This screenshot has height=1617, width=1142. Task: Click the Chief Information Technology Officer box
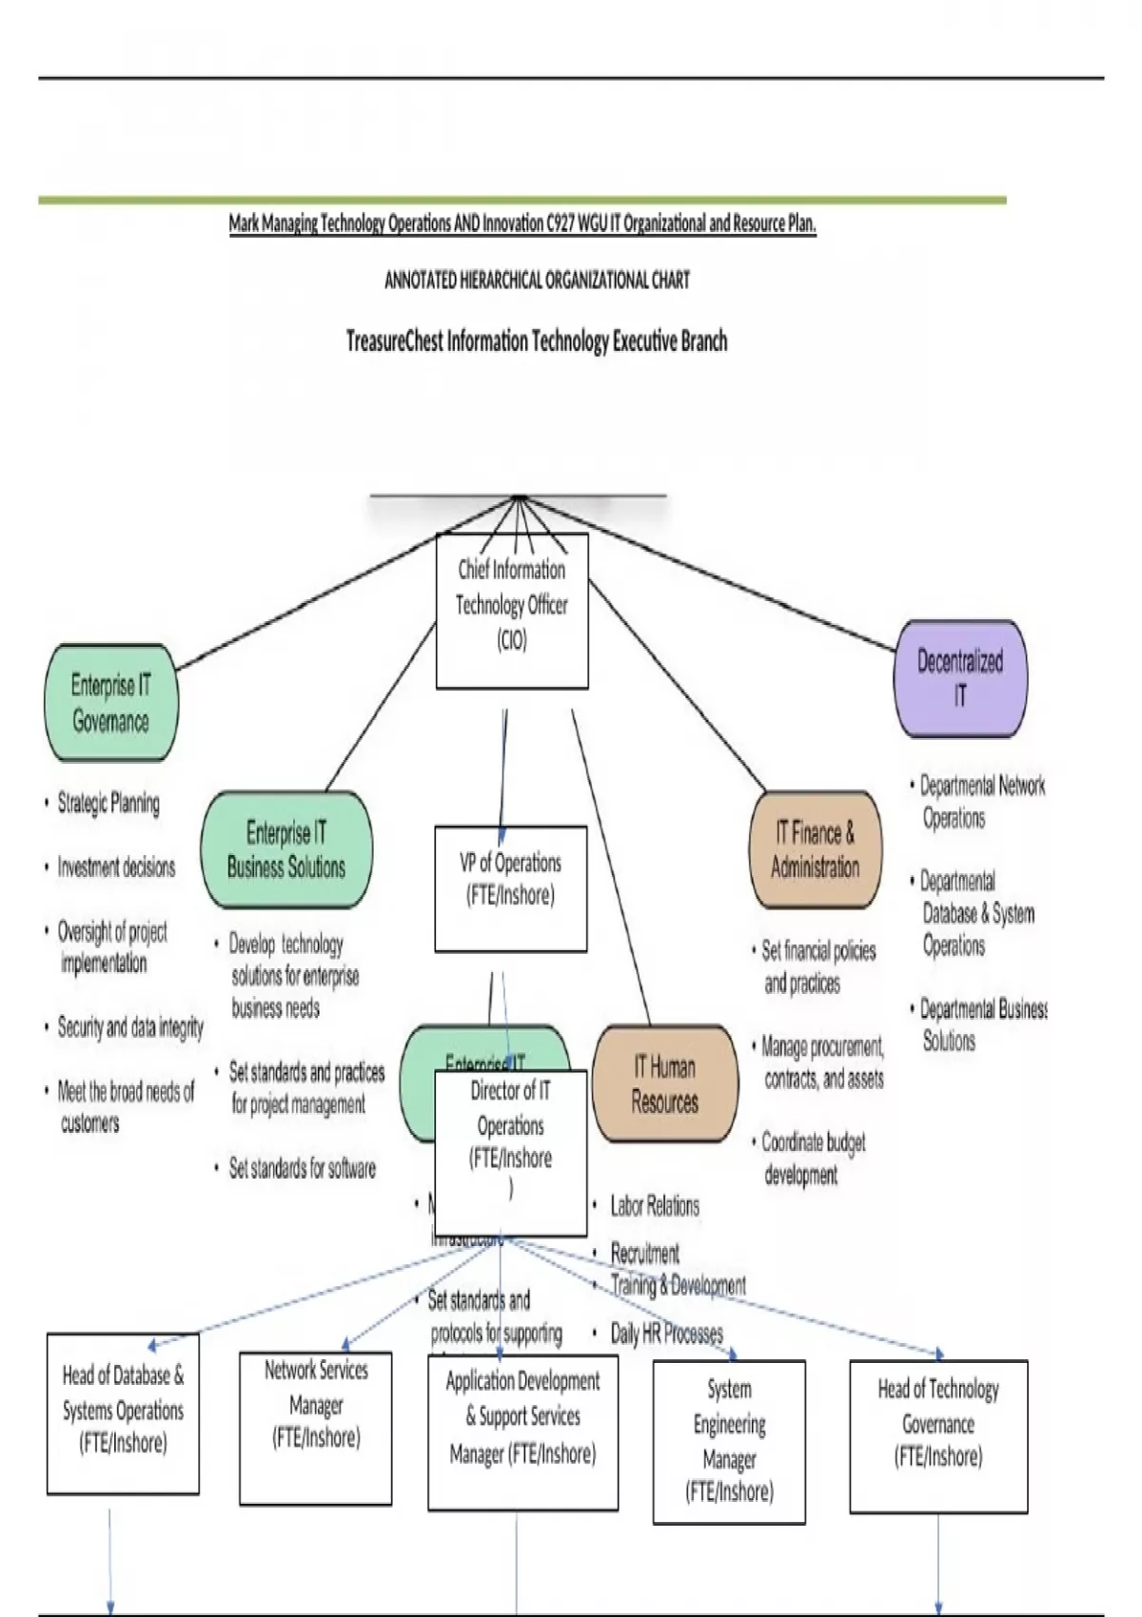(x=512, y=610)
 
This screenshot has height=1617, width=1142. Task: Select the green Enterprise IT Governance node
(x=111, y=703)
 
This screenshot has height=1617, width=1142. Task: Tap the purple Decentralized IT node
(x=960, y=678)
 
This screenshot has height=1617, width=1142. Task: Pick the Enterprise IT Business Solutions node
(x=286, y=849)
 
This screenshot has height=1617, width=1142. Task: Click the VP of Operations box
(x=511, y=887)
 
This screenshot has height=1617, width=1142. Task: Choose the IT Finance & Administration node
(x=816, y=849)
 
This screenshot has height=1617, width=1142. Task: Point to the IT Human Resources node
(x=665, y=1084)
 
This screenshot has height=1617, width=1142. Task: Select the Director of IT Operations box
(x=511, y=1152)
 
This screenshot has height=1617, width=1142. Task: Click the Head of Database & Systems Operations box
(x=124, y=1412)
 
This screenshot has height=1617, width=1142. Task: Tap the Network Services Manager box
(x=316, y=1427)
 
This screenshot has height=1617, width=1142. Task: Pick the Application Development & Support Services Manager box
(x=522, y=1431)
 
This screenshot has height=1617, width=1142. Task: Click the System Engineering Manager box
(x=729, y=1440)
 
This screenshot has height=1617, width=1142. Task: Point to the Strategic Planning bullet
(x=108, y=803)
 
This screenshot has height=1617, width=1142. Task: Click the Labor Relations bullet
(x=655, y=1206)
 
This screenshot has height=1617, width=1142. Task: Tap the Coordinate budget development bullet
(x=814, y=1158)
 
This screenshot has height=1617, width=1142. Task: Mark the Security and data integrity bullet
(x=130, y=1027)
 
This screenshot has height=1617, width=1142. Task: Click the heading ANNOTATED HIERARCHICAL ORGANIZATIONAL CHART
(x=537, y=281)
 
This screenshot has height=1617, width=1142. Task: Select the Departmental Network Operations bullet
(x=982, y=801)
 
